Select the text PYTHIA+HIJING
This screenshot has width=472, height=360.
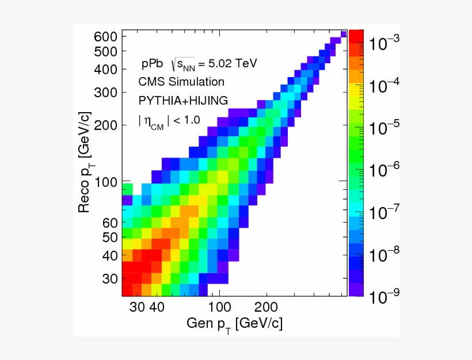pyautogui.click(x=179, y=100)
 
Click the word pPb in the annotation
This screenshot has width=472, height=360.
pyautogui.click(x=153, y=63)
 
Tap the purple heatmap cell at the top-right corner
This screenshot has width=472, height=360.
pyautogui.click(x=344, y=34)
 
